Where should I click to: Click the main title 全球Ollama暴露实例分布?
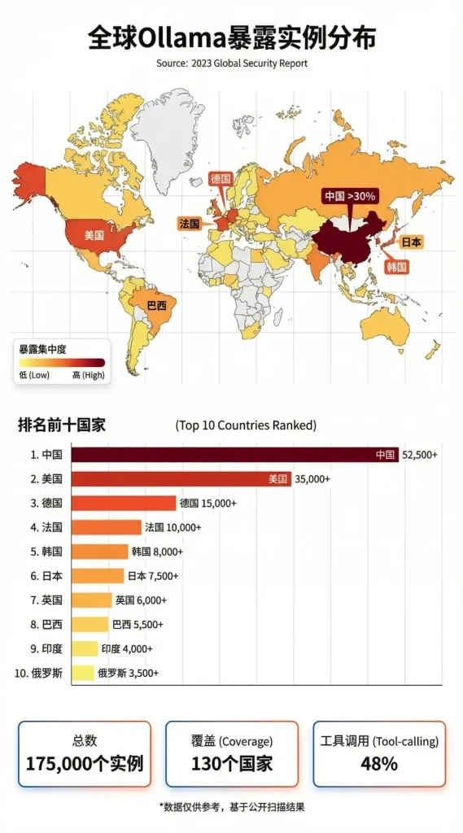coord(231,38)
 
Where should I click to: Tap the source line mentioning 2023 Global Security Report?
coord(231,63)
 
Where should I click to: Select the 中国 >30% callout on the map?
coord(350,196)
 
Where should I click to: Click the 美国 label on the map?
coord(94,234)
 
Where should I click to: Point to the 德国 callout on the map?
coord(221,178)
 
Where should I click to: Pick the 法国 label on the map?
coord(189,222)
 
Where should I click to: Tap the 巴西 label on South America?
coord(156,305)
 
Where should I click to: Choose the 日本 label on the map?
coord(412,242)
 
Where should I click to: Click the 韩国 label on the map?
coord(396,266)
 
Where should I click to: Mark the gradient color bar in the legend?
coord(61,362)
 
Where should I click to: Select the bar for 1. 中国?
coord(234,455)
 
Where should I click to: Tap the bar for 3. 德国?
coord(124,503)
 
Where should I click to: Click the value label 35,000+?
coord(312,479)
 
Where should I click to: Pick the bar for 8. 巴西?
coord(90,624)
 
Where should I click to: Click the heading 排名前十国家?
coord(62,424)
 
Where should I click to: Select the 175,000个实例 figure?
coord(85,763)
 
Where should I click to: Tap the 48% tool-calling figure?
coord(379,763)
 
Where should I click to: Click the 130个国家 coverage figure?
coord(232,763)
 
